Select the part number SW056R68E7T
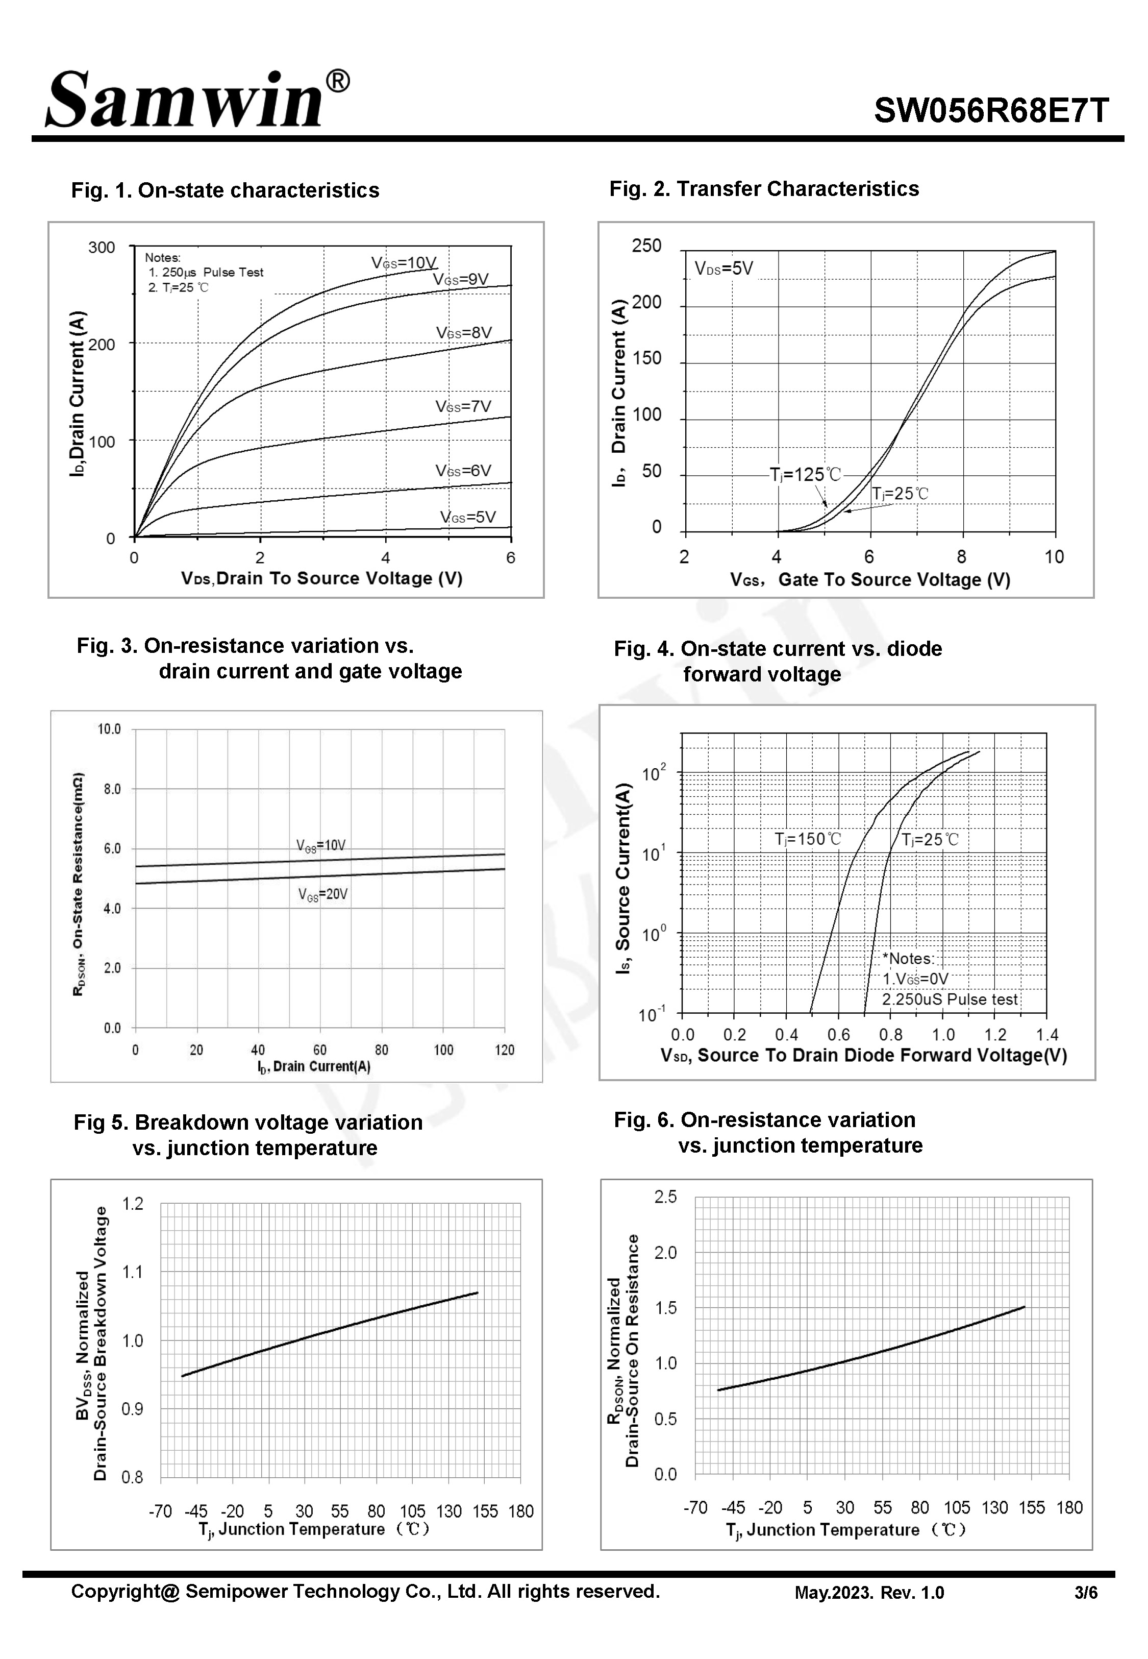(x=991, y=111)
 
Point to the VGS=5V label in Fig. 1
(x=467, y=517)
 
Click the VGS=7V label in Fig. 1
(x=463, y=406)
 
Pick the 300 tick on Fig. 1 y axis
(x=102, y=248)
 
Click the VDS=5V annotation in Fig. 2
(x=723, y=269)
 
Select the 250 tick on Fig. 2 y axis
(x=646, y=246)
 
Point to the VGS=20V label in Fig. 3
(x=323, y=895)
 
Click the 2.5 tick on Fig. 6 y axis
(x=665, y=1197)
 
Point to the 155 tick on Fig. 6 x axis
(x=1032, y=1508)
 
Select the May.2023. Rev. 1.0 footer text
(x=869, y=1593)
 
